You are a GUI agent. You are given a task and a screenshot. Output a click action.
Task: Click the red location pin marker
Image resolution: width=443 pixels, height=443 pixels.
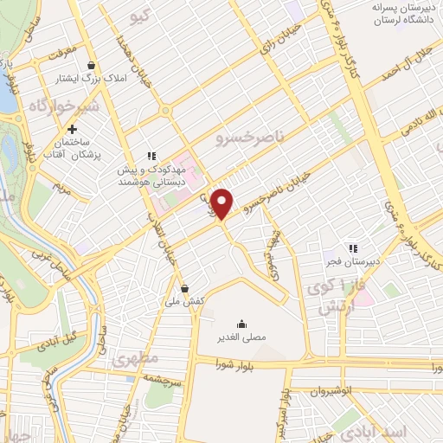click(x=222, y=203)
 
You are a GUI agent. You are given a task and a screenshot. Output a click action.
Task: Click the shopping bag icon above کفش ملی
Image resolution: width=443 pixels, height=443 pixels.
click(x=184, y=288)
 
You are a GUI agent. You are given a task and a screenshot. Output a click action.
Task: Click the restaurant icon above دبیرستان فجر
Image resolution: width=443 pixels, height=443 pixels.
click(x=352, y=247)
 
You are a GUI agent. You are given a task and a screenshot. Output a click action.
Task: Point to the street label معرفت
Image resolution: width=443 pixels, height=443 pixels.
click(x=63, y=51)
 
